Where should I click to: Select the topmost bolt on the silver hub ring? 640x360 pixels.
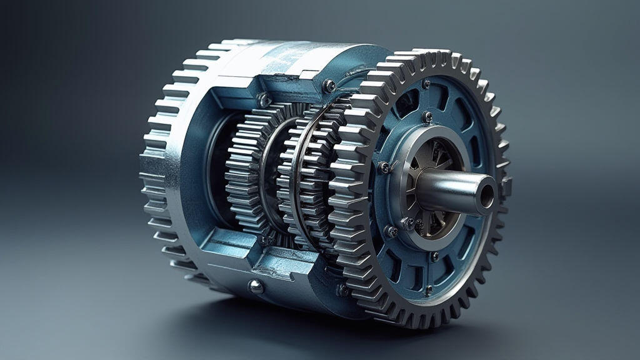[x=427, y=116]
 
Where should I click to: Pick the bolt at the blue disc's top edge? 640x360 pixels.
[x=426, y=84]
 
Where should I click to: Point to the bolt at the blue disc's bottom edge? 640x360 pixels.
[x=429, y=289]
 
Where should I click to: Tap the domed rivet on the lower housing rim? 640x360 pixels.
[x=255, y=286]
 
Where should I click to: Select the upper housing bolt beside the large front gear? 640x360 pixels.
[x=329, y=86]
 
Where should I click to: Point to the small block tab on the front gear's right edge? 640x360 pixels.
[x=506, y=186]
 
